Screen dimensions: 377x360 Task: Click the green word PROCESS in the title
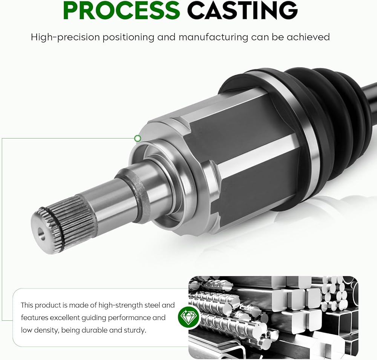pos(121,10)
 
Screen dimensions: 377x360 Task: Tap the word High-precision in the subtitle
pos(65,37)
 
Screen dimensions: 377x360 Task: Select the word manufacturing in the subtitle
pos(213,37)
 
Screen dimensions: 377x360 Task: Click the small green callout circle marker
pos(138,138)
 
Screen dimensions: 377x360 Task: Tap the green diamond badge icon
pos(188,317)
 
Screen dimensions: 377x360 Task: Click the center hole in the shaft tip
pos(41,234)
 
